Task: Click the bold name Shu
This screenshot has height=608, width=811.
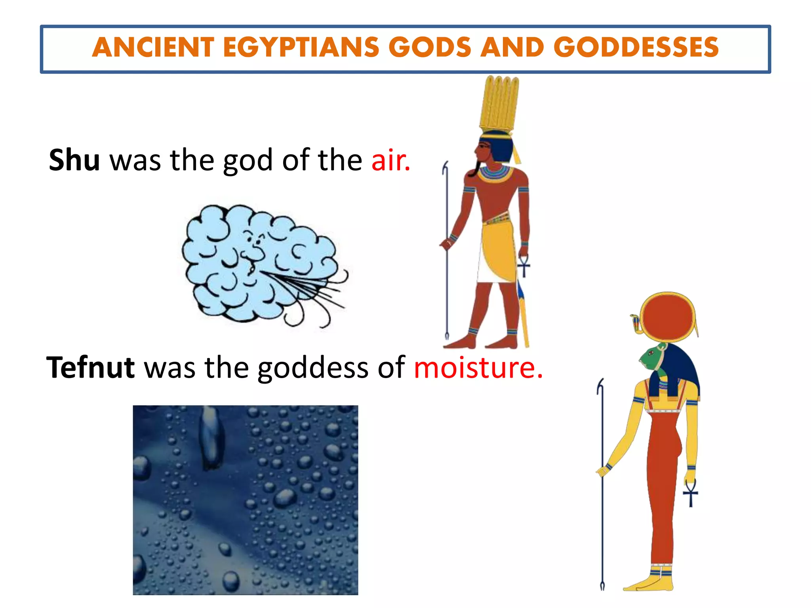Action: coord(74,160)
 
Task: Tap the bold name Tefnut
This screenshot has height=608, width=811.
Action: coord(91,368)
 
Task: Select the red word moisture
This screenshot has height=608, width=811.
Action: coord(478,368)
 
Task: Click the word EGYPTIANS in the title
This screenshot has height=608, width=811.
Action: coord(301,47)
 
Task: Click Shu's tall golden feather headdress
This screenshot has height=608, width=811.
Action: coord(499,104)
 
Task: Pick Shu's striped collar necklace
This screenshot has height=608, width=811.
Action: coord(495,175)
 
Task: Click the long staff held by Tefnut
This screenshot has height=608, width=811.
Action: coord(602,495)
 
